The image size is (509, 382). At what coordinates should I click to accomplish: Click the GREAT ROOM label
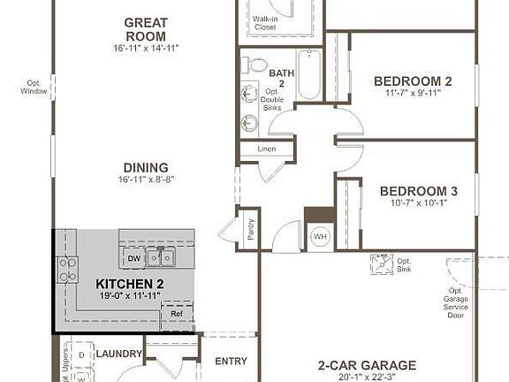click(147, 28)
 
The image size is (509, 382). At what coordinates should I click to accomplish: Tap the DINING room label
click(147, 167)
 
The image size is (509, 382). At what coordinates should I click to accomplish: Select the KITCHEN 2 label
click(130, 284)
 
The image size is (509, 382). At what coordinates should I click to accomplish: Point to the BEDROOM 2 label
click(413, 81)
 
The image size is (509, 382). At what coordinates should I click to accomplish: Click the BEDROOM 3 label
click(418, 191)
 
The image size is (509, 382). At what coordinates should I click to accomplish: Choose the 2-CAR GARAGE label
click(368, 365)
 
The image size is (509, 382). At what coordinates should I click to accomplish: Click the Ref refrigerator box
click(177, 314)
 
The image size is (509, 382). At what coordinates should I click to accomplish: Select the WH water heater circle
click(318, 236)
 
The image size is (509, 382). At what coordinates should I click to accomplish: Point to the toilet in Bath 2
click(255, 65)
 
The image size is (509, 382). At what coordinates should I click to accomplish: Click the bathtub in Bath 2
click(310, 74)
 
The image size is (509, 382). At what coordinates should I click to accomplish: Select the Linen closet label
click(266, 149)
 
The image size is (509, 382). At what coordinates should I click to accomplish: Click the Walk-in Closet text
click(264, 23)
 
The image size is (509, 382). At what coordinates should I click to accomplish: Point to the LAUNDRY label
click(119, 354)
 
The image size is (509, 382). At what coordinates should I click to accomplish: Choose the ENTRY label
click(231, 361)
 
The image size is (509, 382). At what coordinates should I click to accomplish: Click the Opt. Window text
click(35, 86)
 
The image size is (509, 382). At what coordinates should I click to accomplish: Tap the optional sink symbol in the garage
click(380, 263)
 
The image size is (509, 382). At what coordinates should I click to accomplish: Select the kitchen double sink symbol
click(160, 257)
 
